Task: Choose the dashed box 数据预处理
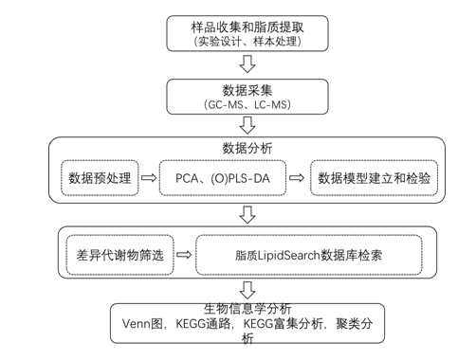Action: pyautogui.click(x=97, y=177)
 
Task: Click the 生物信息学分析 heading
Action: pyautogui.click(x=247, y=310)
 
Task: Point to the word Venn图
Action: pyautogui.click(x=145, y=325)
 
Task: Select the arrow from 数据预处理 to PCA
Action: pyautogui.click(x=148, y=177)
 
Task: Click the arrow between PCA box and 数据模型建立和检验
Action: pyautogui.click(x=298, y=177)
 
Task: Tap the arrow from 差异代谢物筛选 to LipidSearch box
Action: pyautogui.click(x=181, y=255)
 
